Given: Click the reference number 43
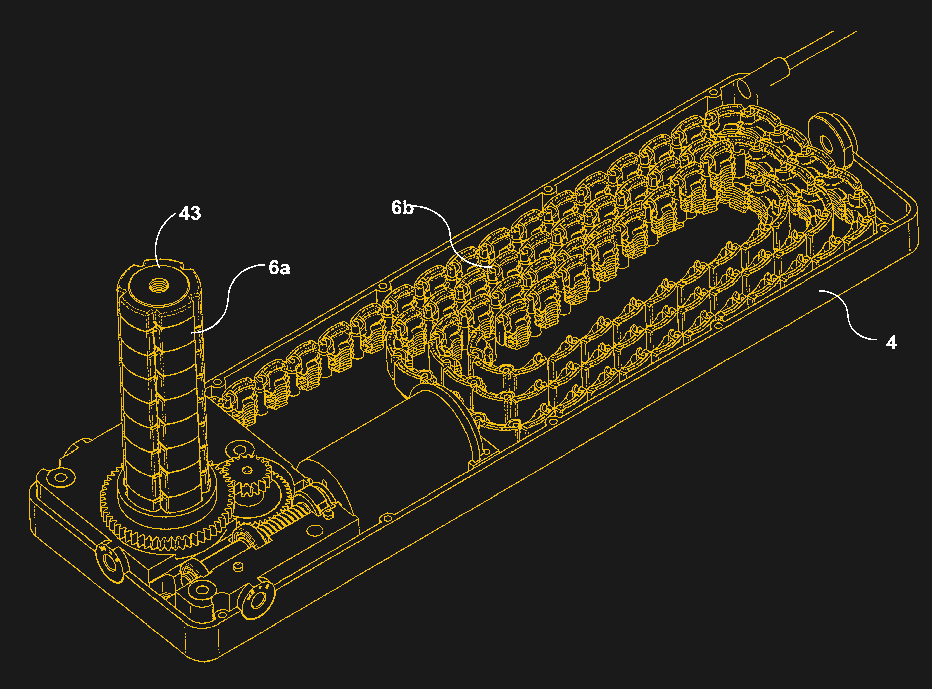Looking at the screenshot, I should tap(190, 214).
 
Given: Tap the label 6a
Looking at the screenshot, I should tap(279, 268).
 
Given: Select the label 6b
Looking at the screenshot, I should tap(402, 208).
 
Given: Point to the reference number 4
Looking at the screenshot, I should tap(891, 343).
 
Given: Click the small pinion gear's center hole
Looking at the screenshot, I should tap(247, 470).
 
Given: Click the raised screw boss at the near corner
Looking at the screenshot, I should tap(202, 590).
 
